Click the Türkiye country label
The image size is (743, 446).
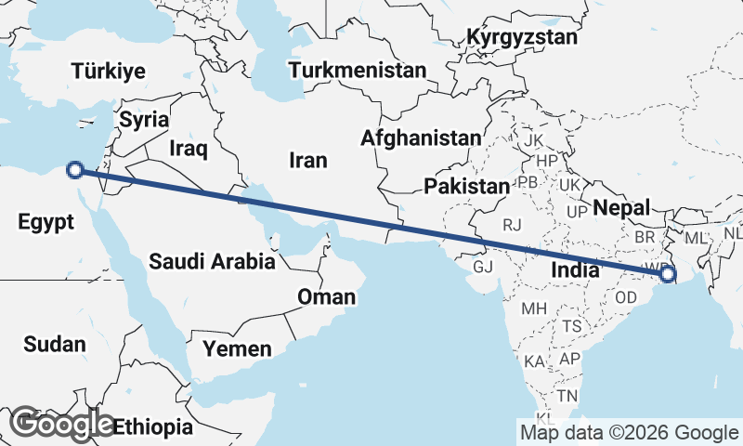point(109,72)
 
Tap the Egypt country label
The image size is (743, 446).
point(46,222)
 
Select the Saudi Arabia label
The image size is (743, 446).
point(212,261)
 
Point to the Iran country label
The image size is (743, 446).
point(308,161)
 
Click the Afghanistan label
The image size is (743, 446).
point(421,138)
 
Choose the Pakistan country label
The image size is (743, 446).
point(467,187)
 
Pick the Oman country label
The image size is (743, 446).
point(326,297)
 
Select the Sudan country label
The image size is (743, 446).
point(55,345)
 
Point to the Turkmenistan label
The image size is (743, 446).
point(358,71)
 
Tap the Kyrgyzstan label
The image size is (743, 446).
point(522,38)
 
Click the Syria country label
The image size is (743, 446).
point(145,120)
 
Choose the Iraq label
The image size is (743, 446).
point(189,148)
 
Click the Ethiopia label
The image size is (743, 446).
point(153,428)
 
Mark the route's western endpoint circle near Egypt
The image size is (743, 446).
point(76,170)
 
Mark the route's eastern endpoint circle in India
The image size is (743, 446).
point(667,275)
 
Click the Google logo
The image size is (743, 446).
point(61,424)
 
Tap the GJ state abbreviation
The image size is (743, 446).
point(483,267)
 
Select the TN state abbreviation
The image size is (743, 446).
point(567,396)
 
